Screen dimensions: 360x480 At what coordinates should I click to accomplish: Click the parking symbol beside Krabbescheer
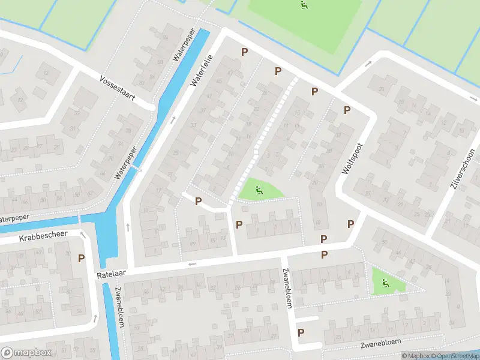pyautogui.click(x=81, y=259)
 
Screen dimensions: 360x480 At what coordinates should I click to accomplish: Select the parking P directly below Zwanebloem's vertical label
pyautogui.click(x=301, y=332)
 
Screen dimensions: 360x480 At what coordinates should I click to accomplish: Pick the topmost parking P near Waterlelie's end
pyautogui.click(x=244, y=52)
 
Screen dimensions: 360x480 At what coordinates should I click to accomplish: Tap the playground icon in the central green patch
pyautogui.click(x=259, y=191)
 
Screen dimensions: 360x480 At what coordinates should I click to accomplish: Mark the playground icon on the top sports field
pyautogui.click(x=304, y=6)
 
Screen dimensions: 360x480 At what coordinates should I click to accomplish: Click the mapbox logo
pyautogui.click(x=25, y=352)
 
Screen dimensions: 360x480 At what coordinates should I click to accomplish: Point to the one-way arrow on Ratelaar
pyautogui.click(x=192, y=264)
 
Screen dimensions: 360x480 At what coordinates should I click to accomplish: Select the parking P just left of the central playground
pyautogui.click(x=198, y=201)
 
